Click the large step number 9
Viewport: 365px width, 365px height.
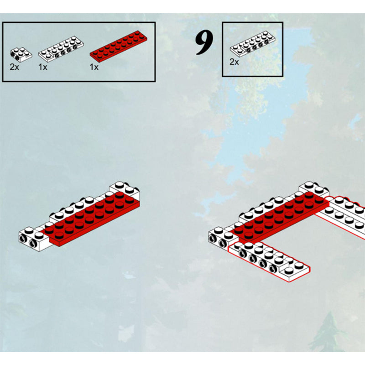tap(204, 43)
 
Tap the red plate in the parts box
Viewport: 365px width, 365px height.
tap(119, 47)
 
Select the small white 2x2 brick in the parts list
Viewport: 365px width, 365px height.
tap(21, 55)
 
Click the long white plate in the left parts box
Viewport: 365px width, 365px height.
tap(61, 49)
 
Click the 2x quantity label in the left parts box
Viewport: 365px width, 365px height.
tap(14, 67)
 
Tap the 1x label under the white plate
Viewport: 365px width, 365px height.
tap(43, 67)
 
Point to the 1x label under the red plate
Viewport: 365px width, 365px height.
tap(94, 67)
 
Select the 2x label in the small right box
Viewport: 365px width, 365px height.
tap(234, 62)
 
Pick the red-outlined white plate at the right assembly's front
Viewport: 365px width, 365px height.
tap(269, 261)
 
